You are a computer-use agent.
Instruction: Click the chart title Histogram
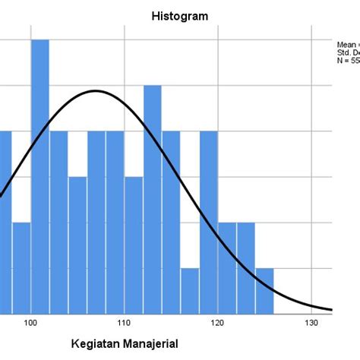click(180, 15)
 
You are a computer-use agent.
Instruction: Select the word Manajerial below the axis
click(154, 343)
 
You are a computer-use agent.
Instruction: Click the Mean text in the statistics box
click(346, 44)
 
